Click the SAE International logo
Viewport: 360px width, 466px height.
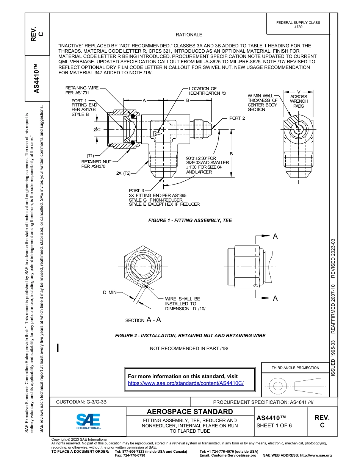point(88,421)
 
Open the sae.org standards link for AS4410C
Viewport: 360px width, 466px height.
point(186,383)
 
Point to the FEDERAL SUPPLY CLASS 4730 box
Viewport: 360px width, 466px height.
point(298,25)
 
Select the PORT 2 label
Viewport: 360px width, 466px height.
point(237,118)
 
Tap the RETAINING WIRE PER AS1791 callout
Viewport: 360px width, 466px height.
point(82,90)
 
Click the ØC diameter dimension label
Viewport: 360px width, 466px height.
point(97,130)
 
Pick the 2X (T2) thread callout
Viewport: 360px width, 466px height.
point(123,173)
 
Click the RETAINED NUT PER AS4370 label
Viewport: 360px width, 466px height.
point(96,164)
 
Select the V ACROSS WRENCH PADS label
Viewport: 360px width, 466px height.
point(299,99)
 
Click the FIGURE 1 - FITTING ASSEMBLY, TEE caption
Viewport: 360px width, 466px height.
point(190,220)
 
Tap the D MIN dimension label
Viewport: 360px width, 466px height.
point(110,292)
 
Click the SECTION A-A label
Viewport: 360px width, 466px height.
point(143,320)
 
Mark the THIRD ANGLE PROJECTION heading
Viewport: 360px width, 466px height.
point(295,367)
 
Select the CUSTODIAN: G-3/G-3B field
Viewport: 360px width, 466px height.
point(81,402)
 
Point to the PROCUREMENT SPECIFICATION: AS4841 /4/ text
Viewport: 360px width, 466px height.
point(263,402)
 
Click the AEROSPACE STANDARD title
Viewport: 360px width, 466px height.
point(190,411)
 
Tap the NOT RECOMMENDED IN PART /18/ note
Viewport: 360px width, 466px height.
point(189,348)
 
